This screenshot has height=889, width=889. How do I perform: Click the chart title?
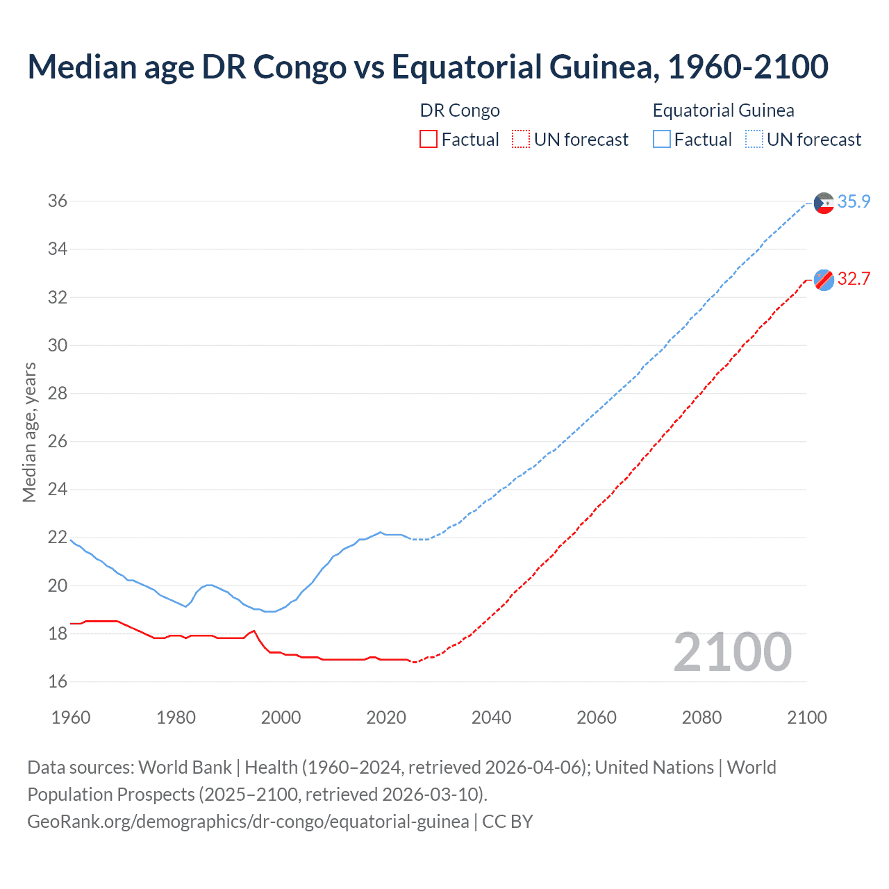pyautogui.click(x=428, y=67)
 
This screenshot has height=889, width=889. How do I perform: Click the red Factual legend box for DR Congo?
pyautogui.click(x=429, y=140)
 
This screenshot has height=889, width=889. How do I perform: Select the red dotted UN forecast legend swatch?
pyautogui.click(x=521, y=140)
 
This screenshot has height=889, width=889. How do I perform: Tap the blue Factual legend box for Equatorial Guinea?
pyautogui.click(x=662, y=140)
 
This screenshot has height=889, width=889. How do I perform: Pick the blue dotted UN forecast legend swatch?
pyautogui.click(x=754, y=140)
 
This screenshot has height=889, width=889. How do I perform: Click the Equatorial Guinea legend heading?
pyautogui.click(x=723, y=110)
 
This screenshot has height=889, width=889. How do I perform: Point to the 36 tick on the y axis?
pyautogui.click(x=58, y=201)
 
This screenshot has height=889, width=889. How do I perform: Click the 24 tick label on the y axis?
pyautogui.click(x=58, y=490)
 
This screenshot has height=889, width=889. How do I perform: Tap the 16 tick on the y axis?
pyautogui.click(x=58, y=682)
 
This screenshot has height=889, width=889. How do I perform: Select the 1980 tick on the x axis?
pyautogui.click(x=176, y=717)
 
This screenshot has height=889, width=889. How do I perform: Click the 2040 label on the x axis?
pyautogui.click(x=491, y=717)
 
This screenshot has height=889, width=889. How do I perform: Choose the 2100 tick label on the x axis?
pyautogui.click(x=807, y=717)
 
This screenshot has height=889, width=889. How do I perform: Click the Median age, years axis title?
pyautogui.click(x=29, y=432)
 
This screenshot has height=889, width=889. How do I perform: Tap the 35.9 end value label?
pyautogui.click(x=854, y=202)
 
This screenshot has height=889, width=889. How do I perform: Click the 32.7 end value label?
pyautogui.click(x=854, y=279)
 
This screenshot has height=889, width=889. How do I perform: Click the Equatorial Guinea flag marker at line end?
pyautogui.click(x=824, y=203)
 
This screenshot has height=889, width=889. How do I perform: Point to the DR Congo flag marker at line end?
pyautogui.click(x=824, y=280)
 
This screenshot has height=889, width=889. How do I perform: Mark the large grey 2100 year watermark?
pyautogui.click(x=733, y=652)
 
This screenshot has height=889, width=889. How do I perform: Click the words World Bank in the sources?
pyautogui.click(x=185, y=767)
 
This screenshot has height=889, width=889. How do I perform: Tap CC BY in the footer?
pyautogui.click(x=508, y=822)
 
